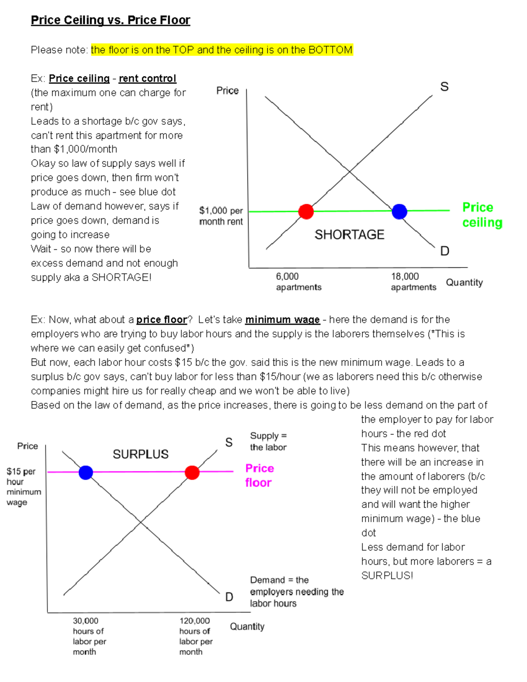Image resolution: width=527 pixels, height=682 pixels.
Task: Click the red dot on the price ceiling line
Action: point(306,211)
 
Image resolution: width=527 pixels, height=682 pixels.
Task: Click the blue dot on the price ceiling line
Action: point(399,211)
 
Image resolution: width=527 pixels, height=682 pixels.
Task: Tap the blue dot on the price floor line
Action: point(86,472)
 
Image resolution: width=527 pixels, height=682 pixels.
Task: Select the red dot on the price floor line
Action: point(192,472)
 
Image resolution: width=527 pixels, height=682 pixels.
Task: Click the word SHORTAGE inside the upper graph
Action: point(349,235)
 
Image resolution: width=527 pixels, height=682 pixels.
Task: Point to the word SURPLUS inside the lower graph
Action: point(141,454)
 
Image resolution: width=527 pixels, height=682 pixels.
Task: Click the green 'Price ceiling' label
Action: point(482,215)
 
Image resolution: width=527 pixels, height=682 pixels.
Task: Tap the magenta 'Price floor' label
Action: point(259,476)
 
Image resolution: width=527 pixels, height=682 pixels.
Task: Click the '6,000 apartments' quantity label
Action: point(298,281)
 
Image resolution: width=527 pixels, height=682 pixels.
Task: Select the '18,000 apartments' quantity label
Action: point(413,281)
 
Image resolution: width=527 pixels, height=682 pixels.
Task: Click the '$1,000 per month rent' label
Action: point(221,216)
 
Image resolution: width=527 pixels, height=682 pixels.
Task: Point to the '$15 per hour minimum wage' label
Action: point(23,487)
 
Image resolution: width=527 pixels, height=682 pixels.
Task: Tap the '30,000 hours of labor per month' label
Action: point(89,636)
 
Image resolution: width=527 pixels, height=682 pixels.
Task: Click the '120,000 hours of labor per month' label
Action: point(195,636)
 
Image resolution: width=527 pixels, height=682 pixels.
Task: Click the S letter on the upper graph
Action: point(444,87)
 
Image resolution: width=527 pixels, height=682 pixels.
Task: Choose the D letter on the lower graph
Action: point(229,597)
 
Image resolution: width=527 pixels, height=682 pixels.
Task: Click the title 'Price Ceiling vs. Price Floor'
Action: point(110,20)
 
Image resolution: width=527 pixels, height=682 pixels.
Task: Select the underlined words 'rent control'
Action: point(147,79)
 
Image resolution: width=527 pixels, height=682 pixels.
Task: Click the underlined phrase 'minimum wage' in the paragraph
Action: point(282,320)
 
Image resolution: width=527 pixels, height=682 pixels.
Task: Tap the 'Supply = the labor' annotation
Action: point(268,441)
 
